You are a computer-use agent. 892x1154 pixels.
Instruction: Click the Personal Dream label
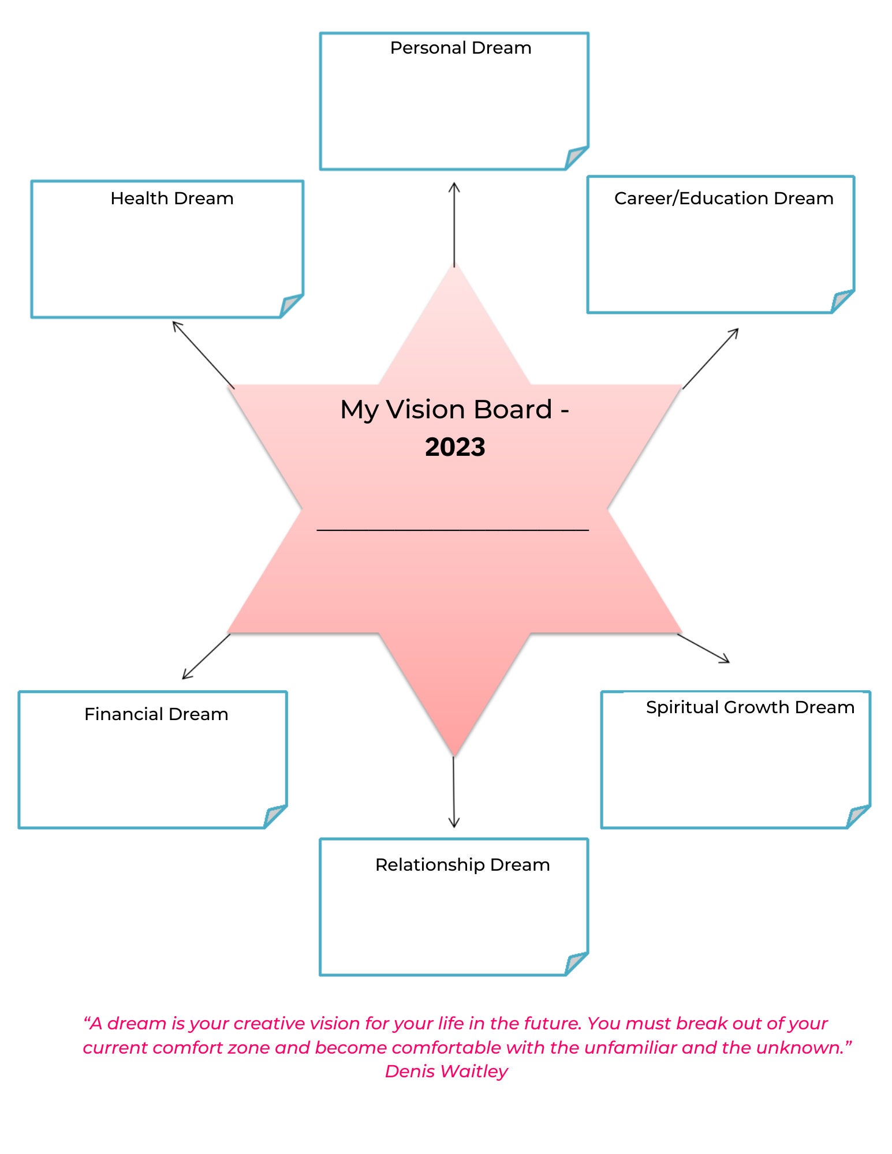click(460, 48)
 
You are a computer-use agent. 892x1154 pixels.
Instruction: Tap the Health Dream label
click(172, 198)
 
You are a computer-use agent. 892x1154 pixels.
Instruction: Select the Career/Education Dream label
click(723, 198)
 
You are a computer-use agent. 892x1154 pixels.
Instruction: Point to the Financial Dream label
click(156, 714)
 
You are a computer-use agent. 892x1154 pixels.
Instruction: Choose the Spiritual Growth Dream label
click(749, 707)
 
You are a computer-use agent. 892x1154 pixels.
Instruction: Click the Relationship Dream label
click(462, 865)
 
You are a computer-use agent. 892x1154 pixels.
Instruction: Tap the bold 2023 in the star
click(455, 447)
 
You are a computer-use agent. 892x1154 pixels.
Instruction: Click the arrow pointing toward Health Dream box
click(203, 354)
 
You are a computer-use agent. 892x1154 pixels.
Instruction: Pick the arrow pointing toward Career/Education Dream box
click(711, 358)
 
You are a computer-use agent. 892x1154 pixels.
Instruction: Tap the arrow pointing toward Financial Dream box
click(206, 657)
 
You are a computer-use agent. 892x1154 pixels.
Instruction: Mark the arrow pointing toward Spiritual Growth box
click(703, 648)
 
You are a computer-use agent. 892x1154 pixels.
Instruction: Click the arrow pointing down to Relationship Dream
click(454, 792)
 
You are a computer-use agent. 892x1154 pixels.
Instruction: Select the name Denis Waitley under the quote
click(446, 1071)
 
